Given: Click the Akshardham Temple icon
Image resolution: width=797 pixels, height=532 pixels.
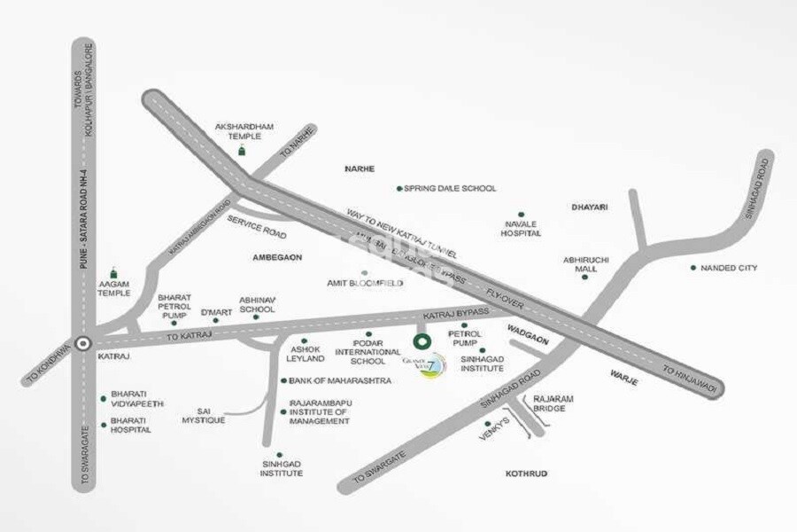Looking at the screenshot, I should point(239,151).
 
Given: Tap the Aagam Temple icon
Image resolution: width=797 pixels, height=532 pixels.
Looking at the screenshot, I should point(112,273).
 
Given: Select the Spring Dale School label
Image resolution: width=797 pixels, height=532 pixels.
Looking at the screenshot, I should point(450,188).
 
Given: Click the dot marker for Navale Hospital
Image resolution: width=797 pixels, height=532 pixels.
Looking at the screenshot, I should point(521,214).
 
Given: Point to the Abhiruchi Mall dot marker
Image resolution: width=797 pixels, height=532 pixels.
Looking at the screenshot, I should point(584,277).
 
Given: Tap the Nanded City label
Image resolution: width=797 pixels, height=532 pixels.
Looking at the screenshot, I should point(729,268).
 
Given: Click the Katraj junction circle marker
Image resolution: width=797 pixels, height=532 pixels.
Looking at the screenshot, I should point(83,343).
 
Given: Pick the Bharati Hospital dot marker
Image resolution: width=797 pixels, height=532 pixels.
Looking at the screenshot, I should point(104,423).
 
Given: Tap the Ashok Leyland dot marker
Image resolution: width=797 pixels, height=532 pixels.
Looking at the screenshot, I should point(304,340).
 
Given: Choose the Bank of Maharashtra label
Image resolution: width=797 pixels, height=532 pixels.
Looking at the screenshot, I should point(329,380).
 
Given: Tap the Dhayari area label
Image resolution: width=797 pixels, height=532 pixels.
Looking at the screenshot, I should point(589,207).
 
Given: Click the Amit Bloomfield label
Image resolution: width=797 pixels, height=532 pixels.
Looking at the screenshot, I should point(360,283).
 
